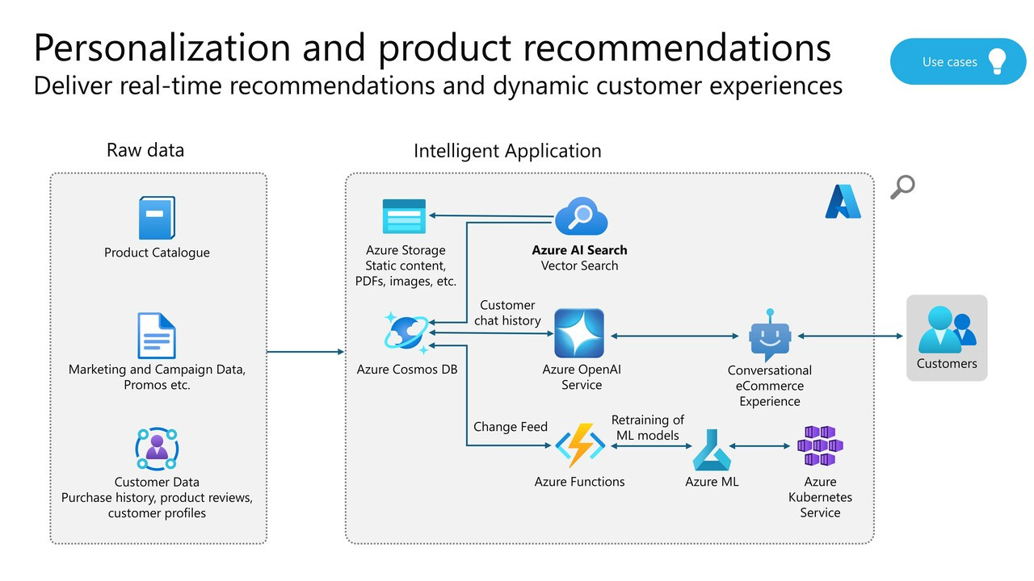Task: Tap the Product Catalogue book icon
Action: coord(157,218)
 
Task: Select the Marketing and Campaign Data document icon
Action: coord(157,336)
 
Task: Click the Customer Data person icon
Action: coord(157,449)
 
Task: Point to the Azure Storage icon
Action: coord(404,216)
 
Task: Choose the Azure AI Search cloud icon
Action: coord(580,216)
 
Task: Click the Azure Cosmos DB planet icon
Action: coord(406,332)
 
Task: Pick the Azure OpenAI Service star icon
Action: coord(579,333)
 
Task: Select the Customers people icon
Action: coord(947,328)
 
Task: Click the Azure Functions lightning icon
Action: coord(579,445)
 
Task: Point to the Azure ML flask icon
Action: coord(711,449)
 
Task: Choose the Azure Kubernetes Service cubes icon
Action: coord(820,445)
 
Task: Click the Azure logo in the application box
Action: coord(843,202)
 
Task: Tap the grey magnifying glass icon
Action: coord(902,187)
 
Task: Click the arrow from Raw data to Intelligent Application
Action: coord(305,352)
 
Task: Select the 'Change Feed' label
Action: coord(511,427)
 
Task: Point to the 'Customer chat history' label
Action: coord(507,313)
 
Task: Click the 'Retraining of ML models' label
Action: coord(648,428)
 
